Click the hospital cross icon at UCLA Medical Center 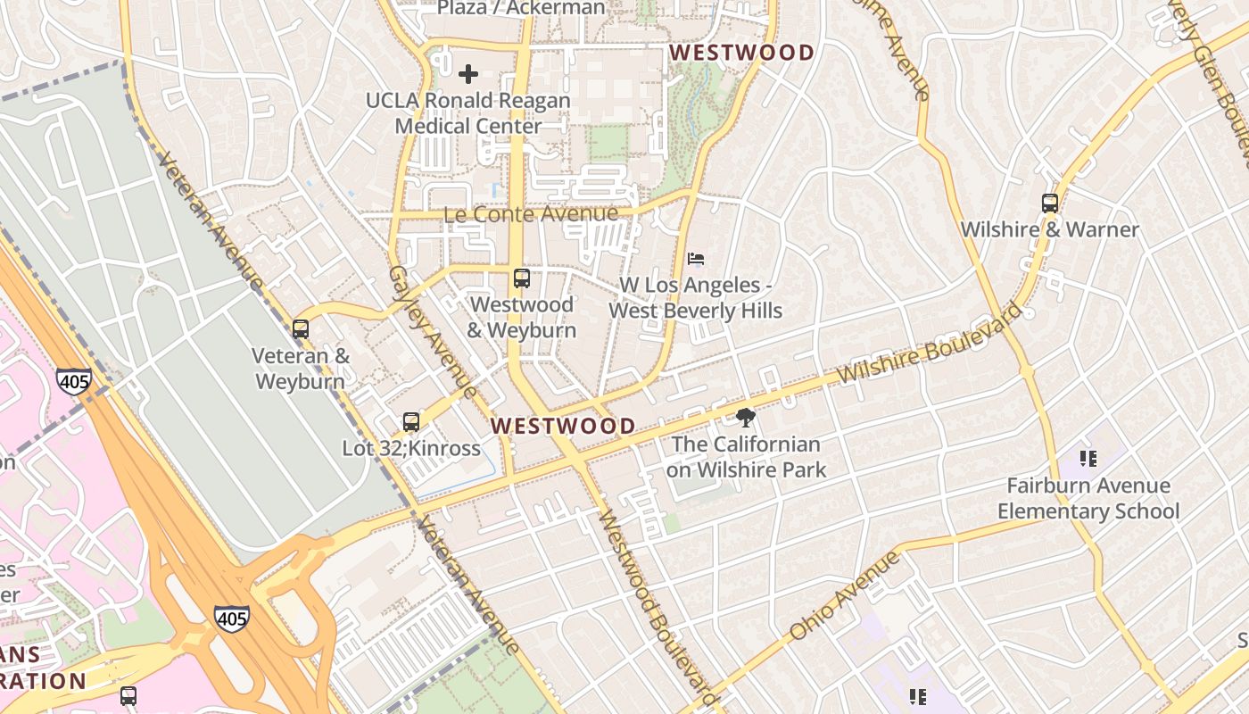coord(467,74)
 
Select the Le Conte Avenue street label coord(531,214)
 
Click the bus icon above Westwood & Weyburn coord(522,278)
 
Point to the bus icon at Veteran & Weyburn coord(301,329)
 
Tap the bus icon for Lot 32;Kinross coord(410,422)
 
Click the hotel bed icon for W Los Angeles coord(697,259)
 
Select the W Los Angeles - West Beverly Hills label coord(696,298)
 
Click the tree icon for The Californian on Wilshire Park coord(746,417)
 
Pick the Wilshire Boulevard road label coord(933,344)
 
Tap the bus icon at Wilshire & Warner coord(1050,203)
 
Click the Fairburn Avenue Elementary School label coord(1088,499)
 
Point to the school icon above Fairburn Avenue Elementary coord(1088,459)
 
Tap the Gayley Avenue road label coord(432,331)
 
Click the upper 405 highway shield coord(73,382)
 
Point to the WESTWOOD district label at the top coord(742,53)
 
